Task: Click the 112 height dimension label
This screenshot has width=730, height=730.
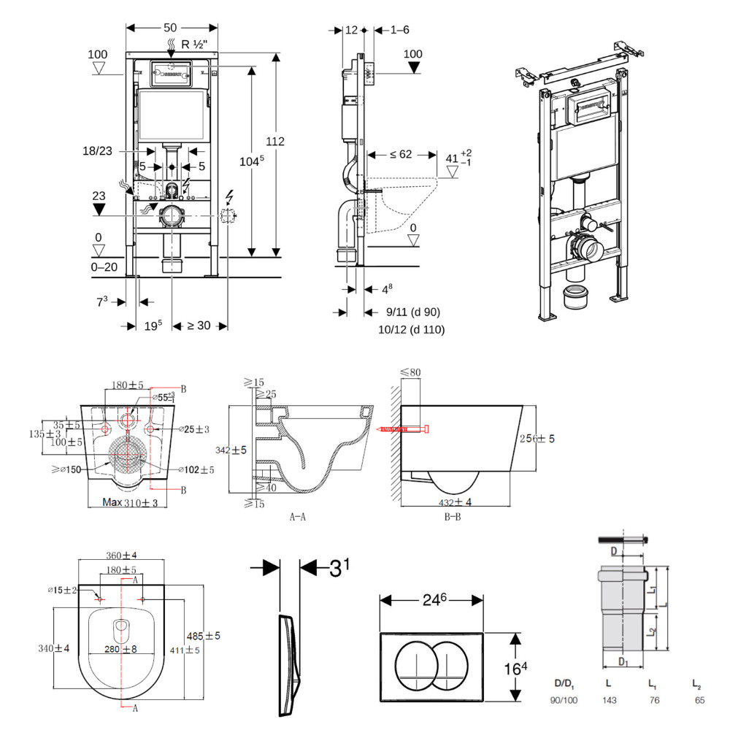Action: click(x=275, y=142)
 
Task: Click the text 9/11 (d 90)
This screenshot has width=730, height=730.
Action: click(x=412, y=312)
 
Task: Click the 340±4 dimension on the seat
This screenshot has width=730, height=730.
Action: click(x=55, y=648)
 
